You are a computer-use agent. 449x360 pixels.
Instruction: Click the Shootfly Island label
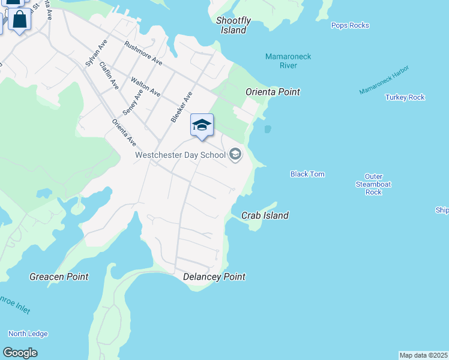234,25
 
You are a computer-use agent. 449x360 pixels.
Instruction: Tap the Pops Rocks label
350,25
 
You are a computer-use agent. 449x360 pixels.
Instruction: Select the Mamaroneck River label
288,61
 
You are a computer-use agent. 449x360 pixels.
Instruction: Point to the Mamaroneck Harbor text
384,80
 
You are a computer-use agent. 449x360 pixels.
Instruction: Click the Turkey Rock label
405,97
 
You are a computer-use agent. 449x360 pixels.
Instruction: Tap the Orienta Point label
273,92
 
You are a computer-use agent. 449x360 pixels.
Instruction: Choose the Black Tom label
307,174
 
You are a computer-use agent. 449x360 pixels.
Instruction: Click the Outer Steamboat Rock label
373,184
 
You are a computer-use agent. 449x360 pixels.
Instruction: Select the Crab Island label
265,215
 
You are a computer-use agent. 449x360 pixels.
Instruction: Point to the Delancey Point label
214,277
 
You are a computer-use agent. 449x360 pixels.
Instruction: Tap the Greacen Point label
59,277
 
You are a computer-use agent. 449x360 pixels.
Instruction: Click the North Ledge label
28,334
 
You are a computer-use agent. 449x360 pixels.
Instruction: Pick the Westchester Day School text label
180,155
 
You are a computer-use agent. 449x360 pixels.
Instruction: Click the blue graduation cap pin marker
202,125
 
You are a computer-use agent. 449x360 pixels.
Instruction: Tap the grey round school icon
235,155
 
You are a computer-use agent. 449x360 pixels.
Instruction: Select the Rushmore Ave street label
143,53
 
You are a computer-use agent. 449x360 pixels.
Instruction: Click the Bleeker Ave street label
181,107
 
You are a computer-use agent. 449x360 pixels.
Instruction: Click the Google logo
20,353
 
